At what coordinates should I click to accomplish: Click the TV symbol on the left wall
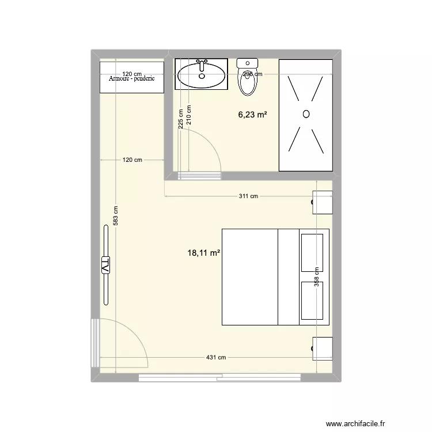point(106,266)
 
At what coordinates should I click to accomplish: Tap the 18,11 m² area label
point(204,252)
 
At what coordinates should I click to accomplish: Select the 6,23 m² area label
point(252,115)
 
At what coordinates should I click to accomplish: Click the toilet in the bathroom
point(249,79)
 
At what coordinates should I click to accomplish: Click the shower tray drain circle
point(306,114)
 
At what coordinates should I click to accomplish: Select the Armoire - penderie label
point(131,79)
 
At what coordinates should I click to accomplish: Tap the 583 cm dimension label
point(116,216)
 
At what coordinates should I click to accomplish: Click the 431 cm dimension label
point(217,358)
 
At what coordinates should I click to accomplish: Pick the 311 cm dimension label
point(249,196)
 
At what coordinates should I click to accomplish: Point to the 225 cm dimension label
point(180,120)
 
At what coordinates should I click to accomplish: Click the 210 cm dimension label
point(189,116)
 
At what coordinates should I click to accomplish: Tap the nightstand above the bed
point(323,202)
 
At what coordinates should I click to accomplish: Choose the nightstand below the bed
point(323,348)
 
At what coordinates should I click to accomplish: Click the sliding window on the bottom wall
point(219,377)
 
